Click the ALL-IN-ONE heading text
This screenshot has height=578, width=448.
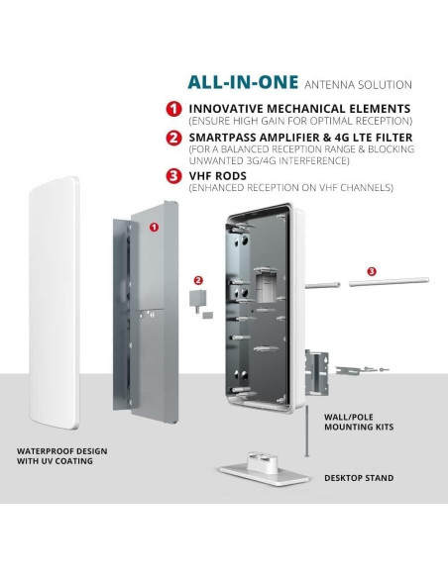(x=243, y=82)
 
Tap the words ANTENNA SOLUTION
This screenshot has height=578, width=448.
(x=358, y=85)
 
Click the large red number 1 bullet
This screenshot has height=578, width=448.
(x=173, y=109)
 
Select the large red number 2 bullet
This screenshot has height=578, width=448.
(x=173, y=138)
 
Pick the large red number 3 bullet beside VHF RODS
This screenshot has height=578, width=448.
(x=173, y=175)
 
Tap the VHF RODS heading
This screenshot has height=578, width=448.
(x=218, y=176)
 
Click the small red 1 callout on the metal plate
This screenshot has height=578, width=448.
(x=154, y=227)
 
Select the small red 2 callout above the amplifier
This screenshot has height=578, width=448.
(x=198, y=280)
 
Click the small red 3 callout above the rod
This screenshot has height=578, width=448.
(x=372, y=271)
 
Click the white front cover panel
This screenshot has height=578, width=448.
(x=55, y=303)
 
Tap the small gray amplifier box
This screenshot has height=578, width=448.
(x=198, y=298)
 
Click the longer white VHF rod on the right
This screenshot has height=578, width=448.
(x=389, y=282)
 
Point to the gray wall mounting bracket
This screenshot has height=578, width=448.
(x=316, y=372)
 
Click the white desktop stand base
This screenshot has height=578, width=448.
(x=264, y=469)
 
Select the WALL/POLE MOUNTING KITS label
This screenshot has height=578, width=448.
(x=359, y=422)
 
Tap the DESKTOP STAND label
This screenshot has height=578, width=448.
(x=359, y=478)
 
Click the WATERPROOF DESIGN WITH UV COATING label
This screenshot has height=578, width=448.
(x=62, y=456)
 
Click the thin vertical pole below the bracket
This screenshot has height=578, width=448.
(x=306, y=431)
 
